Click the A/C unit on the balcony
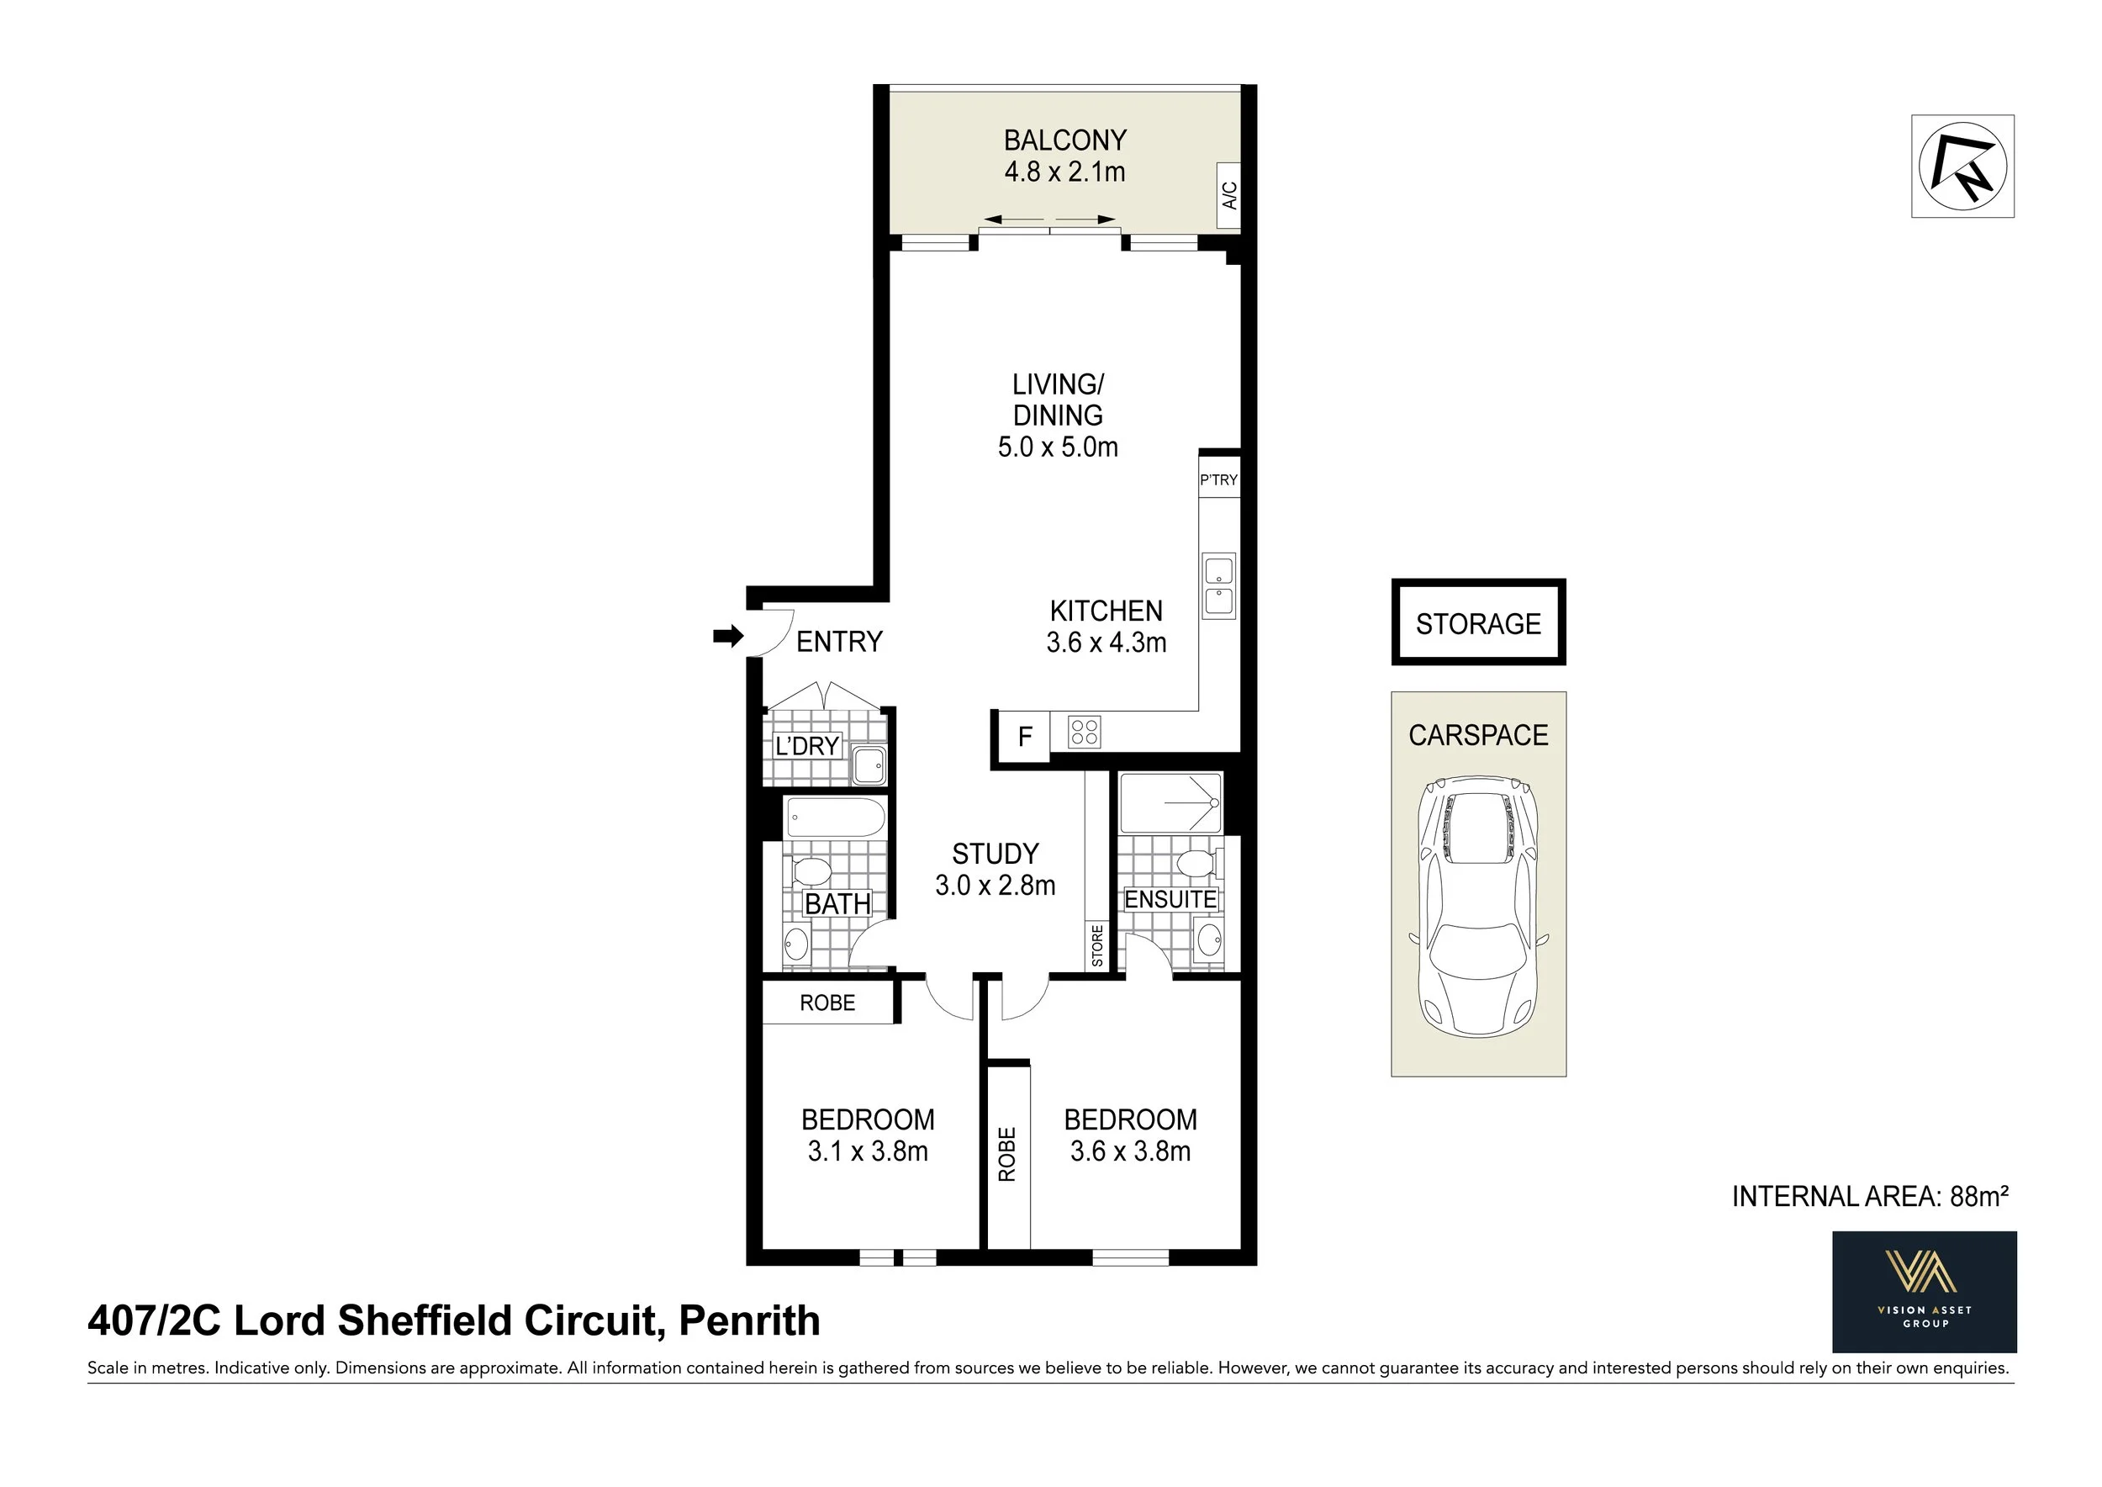pyautogui.click(x=1228, y=195)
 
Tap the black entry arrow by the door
pyautogui.click(x=728, y=636)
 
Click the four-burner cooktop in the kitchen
pyautogui.click(x=1084, y=732)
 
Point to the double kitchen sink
pyautogui.click(x=1219, y=586)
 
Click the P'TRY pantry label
pyautogui.click(x=1218, y=479)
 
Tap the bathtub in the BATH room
pyautogui.click(x=835, y=817)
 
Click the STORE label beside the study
pyautogui.click(x=1096, y=945)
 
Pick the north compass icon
pyautogui.click(x=1962, y=167)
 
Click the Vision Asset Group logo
pyautogui.click(x=1924, y=1292)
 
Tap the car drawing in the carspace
pyautogui.click(x=1477, y=907)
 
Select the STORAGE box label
pyautogui.click(x=1477, y=623)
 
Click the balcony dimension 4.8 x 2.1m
pyautogui.click(x=1064, y=172)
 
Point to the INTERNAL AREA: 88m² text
pyautogui.click(x=1869, y=1197)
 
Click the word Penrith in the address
pyautogui.click(x=749, y=1320)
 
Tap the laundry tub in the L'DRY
pyautogui.click(x=868, y=764)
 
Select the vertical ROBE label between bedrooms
pyautogui.click(x=1007, y=1154)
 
